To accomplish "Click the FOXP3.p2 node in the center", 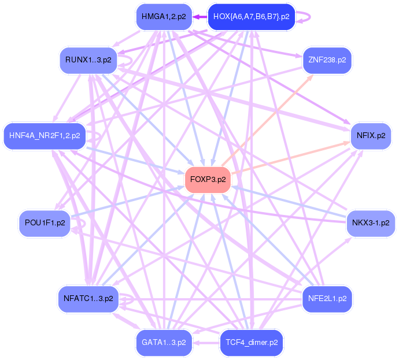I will coord(208,180).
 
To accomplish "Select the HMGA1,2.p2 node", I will coord(164,17).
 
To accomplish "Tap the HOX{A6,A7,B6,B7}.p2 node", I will coord(251,17).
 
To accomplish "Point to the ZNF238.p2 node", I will coord(327,60).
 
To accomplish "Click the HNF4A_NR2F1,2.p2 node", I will coord(45,136).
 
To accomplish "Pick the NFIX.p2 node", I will coord(371,136).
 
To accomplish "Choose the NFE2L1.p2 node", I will coord(327,299).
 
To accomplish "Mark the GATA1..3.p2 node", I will coord(164,342).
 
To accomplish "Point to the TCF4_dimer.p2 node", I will coord(251,342).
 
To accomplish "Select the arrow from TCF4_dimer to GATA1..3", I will coord(205,342).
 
